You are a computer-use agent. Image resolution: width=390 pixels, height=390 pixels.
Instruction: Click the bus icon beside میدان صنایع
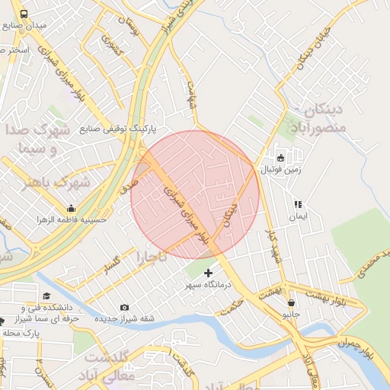(x=24, y=14)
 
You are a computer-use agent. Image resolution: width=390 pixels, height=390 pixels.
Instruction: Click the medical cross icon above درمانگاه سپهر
(x=208, y=273)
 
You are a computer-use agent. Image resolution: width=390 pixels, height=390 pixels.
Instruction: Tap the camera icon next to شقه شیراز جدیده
(x=124, y=307)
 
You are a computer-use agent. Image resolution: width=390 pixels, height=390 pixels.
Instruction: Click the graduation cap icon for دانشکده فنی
(x=46, y=296)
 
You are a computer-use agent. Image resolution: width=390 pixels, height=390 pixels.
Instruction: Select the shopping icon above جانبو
(x=291, y=303)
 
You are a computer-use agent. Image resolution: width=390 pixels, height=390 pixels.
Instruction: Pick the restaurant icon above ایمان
(x=298, y=205)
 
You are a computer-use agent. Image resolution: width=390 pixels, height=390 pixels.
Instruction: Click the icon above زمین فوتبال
(x=280, y=158)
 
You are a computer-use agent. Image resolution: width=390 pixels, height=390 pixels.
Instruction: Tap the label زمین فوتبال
(x=281, y=170)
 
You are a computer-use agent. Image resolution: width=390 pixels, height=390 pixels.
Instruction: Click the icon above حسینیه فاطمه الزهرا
(x=72, y=209)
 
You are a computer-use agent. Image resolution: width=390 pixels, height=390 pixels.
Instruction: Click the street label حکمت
(x=232, y=305)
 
